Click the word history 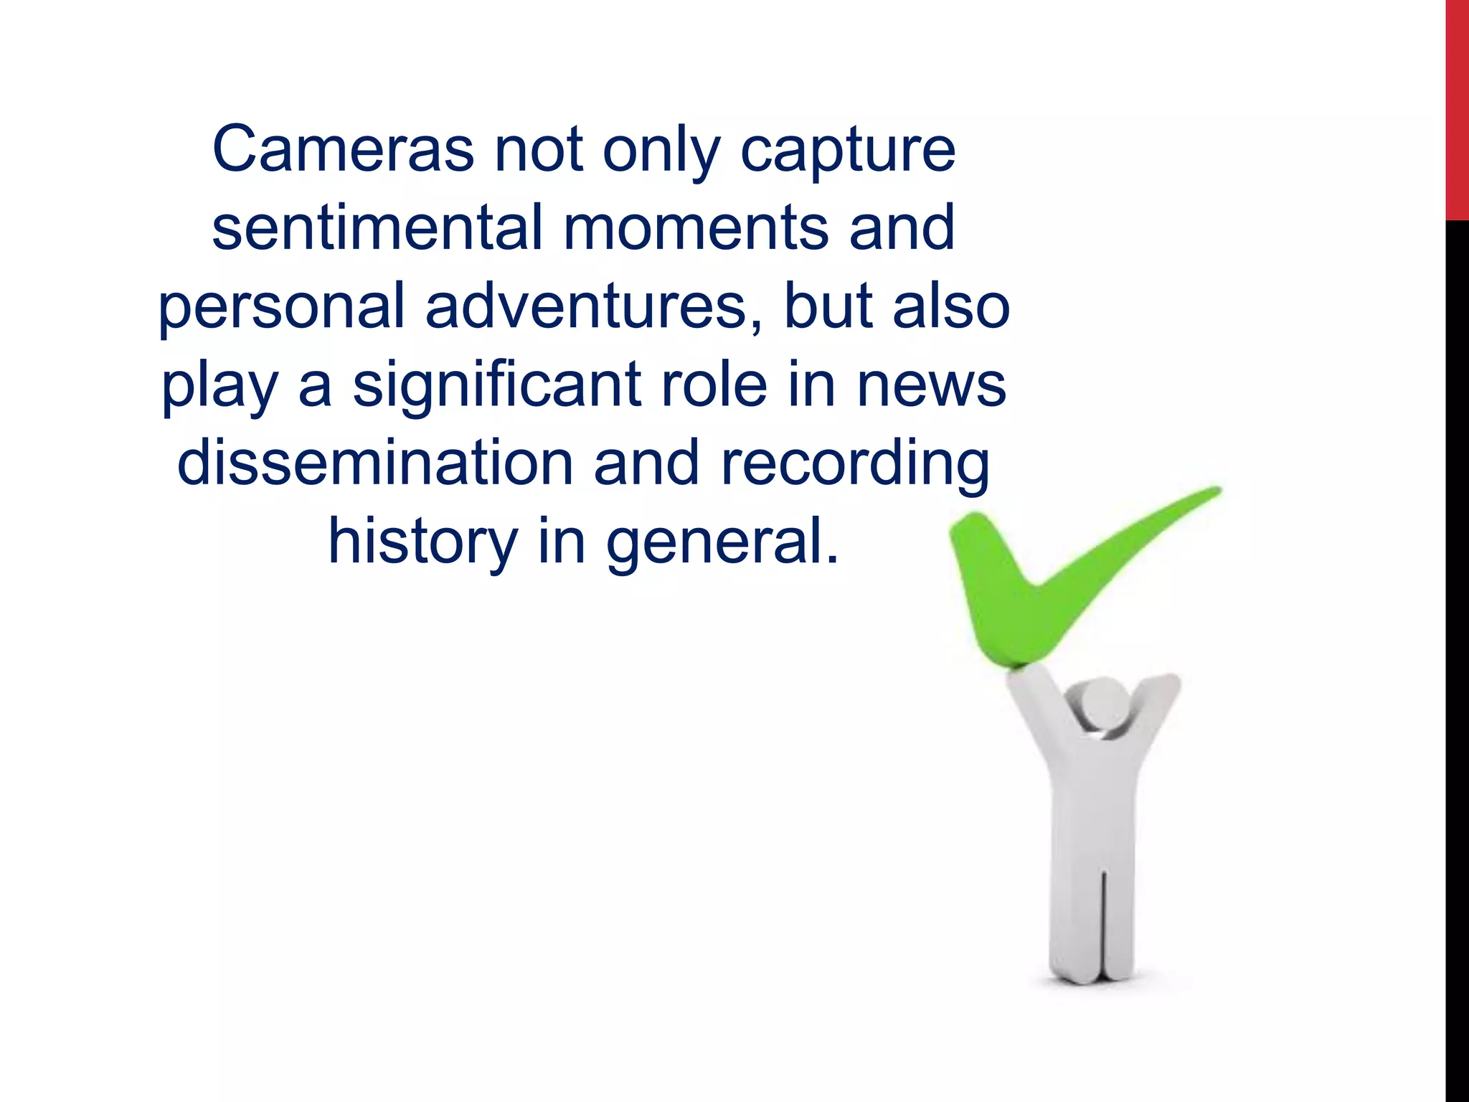click(422, 543)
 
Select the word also click(951, 306)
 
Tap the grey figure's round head click(1105, 703)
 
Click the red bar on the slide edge click(1457, 108)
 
